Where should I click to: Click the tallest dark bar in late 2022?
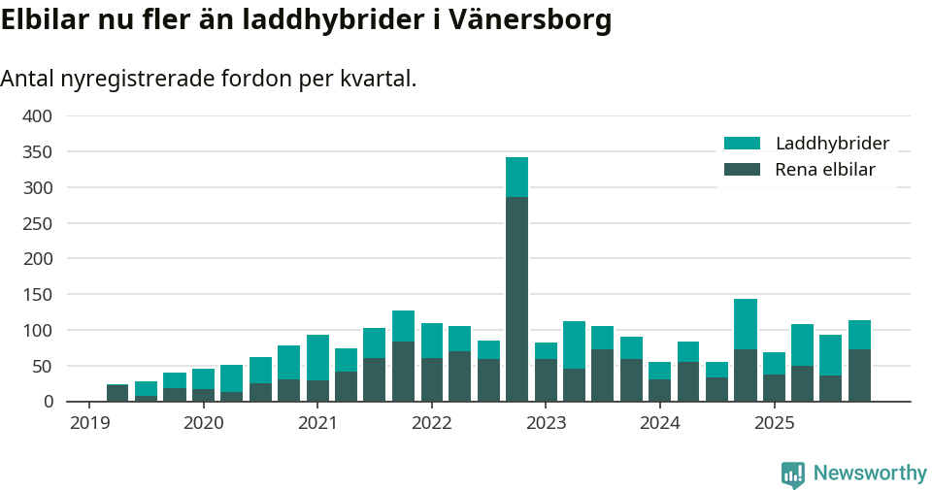pyautogui.click(x=516, y=299)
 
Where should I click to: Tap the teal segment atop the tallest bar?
pyautogui.click(x=516, y=177)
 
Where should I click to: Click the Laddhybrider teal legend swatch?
pyautogui.click(x=742, y=144)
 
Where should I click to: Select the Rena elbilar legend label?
pyautogui.click(x=825, y=170)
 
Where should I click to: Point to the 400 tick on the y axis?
pyautogui.click(x=38, y=116)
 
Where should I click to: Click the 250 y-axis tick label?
pyautogui.click(x=38, y=223)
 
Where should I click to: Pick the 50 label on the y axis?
pyautogui.click(x=44, y=366)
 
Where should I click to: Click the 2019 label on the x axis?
pyautogui.click(x=88, y=423)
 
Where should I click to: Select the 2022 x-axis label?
pyautogui.click(x=431, y=423)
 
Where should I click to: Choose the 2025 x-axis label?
pyautogui.click(x=774, y=423)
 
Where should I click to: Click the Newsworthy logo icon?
pyautogui.click(x=792, y=474)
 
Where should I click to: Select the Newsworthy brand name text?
pyautogui.click(x=870, y=474)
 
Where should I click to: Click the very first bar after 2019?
pyautogui.click(x=117, y=393)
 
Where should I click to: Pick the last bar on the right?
pyautogui.click(x=859, y=360)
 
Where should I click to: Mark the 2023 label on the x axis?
pyautogui.click(x=546, y=423)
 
